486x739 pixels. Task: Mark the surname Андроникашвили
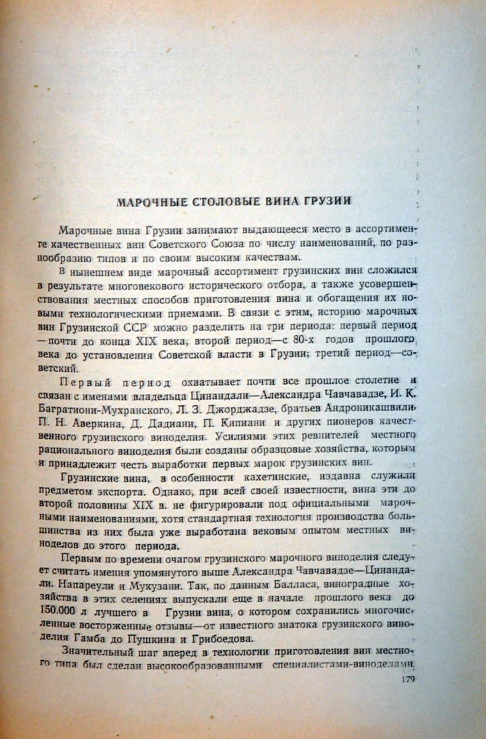pos(370,407)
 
